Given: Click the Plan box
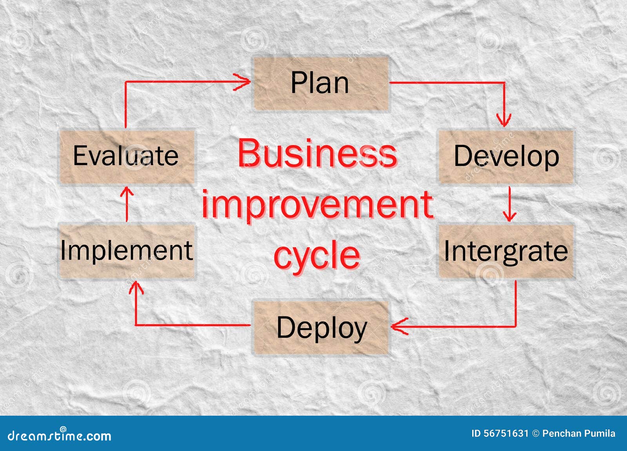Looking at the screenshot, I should coord(321,83).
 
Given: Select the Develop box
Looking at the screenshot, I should coord(506,156).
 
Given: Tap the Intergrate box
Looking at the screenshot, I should coord(506,251).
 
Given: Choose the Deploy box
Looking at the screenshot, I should coord(321,328).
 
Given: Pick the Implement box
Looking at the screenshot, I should coord(127,251).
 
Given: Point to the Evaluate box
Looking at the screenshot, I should coord(127,156).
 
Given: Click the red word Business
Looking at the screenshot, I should coord(317,153).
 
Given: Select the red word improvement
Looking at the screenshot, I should coord(317,205).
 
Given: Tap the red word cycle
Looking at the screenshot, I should coord(317,255).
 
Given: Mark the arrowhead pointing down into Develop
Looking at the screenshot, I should coord(504,120).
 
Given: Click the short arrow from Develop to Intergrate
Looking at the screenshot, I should coord(509,204).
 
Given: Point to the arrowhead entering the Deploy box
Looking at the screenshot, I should coord(398,326).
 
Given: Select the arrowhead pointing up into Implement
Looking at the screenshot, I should coord(136,288).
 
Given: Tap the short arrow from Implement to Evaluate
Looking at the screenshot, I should coord(127,204).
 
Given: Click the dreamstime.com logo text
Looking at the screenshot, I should coord(60,436).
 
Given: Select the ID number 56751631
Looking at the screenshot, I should coord(506,433).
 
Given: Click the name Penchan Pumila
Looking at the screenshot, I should coord(579,433).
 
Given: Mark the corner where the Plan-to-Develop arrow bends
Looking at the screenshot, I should coord(504,83).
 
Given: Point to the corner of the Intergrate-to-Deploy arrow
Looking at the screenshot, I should coord(515,326).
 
